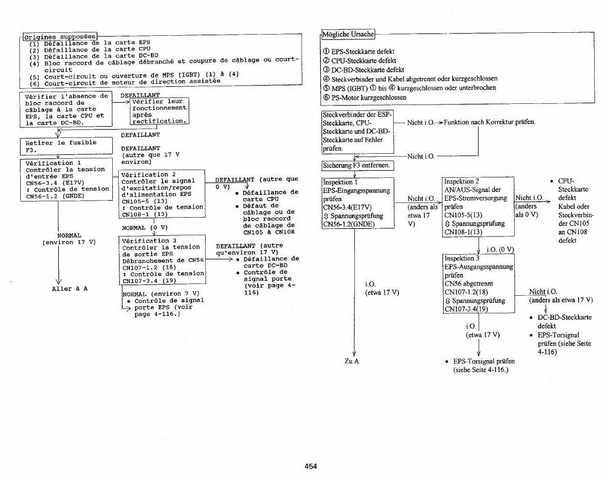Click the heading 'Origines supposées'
[x=60, y=37]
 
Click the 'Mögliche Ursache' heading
[x=348, y=35]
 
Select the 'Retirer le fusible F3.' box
[x=66, y=146]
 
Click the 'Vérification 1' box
[x=66, y=180]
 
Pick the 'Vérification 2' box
[x=162, y=194]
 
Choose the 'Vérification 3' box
[x=162, y=260]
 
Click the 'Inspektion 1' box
[x=358, y=202]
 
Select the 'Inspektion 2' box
[x=478, y=207]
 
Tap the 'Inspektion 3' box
[x=479, y=283]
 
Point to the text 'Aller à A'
[x=70, y=289]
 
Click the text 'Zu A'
[x=351, y=361]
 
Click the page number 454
[x=310, y=467]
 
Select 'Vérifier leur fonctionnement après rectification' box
[x=159, y=111]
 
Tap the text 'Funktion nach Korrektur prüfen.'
[x=489, y=122]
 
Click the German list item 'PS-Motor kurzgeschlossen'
[x=365, y=97]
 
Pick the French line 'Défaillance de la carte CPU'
[x=90, y=49]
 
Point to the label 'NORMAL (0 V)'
[x=145, y=228]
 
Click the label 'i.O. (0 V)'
[x=500, y=249]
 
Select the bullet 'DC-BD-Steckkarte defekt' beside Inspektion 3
[x=561, y=322]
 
